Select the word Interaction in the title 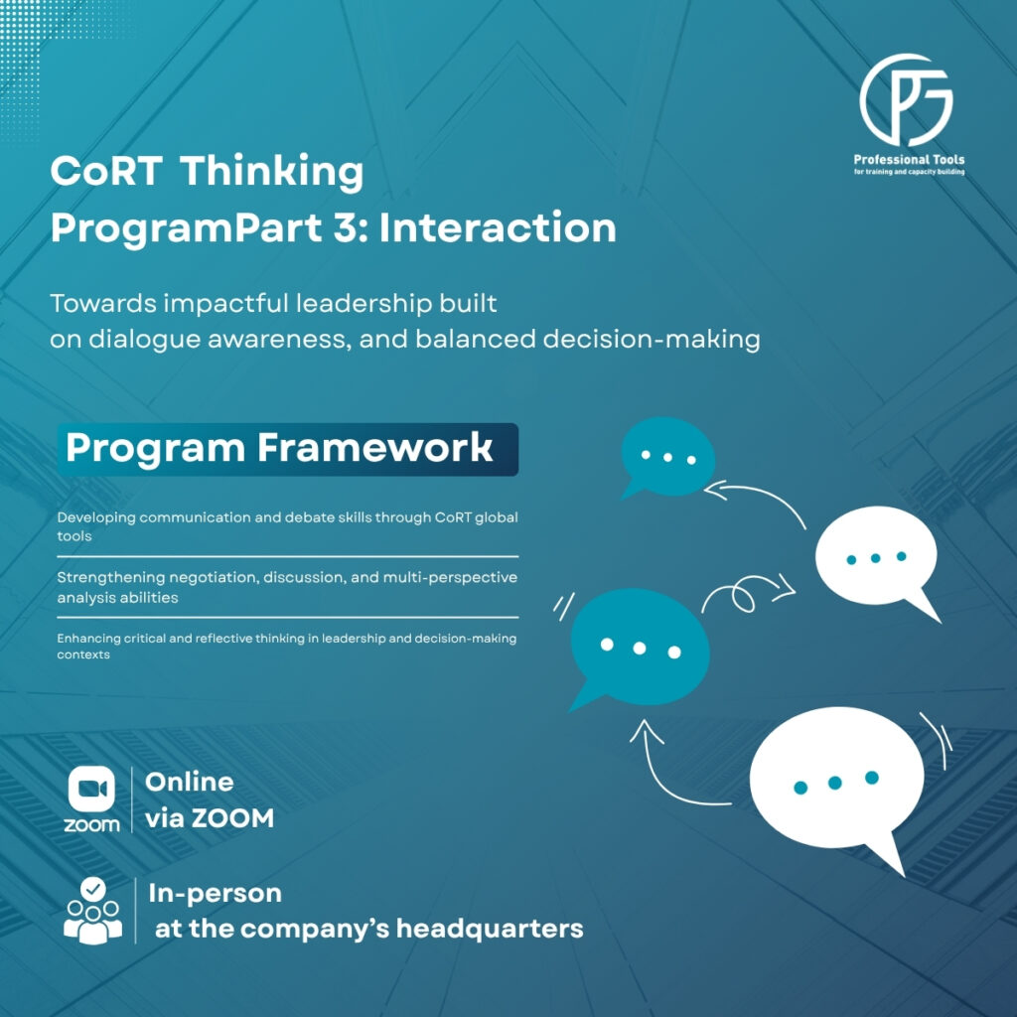point(498,228)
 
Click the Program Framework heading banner point(287,448)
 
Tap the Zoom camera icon point(91,790)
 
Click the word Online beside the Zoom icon point(190,782)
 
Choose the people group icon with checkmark point(92,909)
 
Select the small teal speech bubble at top point(666,455)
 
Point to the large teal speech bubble point(640,647)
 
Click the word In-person point(215,893)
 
